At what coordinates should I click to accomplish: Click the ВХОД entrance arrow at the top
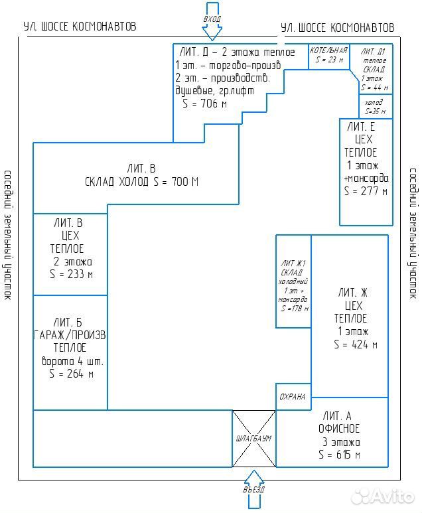pyautogui.click(x=212, y=21)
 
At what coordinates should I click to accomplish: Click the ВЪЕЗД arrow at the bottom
pyautogui.click(x=254, y=490)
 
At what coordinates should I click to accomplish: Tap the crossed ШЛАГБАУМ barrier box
pyautogui.click(x=254, y=439)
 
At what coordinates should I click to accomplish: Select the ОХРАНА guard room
pyautogui.click(x=293, y=396)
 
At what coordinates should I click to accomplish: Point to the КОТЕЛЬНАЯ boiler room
pyautogui.click(x=328, y=56)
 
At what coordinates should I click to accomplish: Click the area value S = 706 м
pyautogui.click(x=205, y=104)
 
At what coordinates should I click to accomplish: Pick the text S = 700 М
pyautogui.click(x=176, y=181)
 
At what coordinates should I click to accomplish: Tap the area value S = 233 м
pyautogui.click(x=71, y=274)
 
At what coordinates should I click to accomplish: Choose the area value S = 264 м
pyautogui.click(x=71, y=373)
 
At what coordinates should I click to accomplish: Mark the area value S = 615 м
pyautogui.click(x=339, y=455)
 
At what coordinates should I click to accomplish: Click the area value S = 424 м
pyautogui.click(x=356, y=344)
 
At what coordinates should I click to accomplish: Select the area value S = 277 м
pyautogui.click(x=366, y=191)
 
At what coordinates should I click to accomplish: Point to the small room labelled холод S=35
pyautogui.click(x=376, y=107)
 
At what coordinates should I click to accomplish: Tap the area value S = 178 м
pyautogui.click(x=295, y=308)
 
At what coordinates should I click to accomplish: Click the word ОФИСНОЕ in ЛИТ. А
pyautogui.click(x=339, y=429)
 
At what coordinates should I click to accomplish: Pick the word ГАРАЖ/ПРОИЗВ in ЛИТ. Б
pyautogui.click(x=70, y=335)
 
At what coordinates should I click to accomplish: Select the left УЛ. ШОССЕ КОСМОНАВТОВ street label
pyautogui.click(x=80, y=26)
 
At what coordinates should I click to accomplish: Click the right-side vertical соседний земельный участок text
pyautogui.click(x=413, y=233)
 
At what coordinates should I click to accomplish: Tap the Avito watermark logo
pyautogui.click(x=382, y=496)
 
